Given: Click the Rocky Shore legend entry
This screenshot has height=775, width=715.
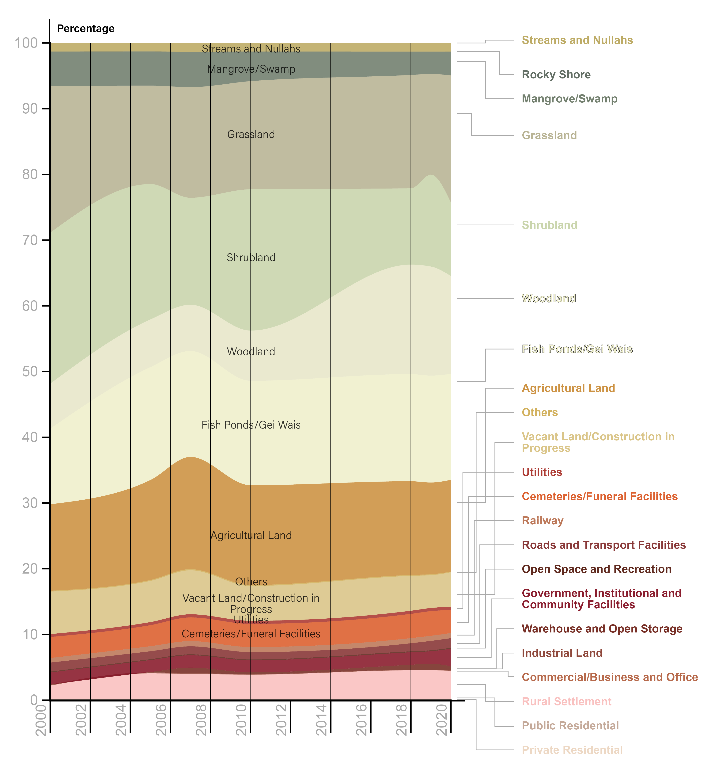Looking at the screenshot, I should point(556,75).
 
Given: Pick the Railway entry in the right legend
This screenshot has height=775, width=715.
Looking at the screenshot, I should point(543,521).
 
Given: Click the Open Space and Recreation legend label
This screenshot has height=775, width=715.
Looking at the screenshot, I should point(596,569).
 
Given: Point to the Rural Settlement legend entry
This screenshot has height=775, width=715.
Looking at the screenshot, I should point(566,701).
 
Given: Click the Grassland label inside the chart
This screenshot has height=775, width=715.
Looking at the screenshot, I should point(251,134).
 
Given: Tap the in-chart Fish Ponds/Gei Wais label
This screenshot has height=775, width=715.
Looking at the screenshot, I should point(251,425).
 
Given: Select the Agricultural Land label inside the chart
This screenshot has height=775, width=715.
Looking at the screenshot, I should point(251,535).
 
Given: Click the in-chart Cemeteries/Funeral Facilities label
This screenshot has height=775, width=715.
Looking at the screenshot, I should point(251,634).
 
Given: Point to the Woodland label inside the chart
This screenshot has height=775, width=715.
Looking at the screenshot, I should point(251,352).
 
